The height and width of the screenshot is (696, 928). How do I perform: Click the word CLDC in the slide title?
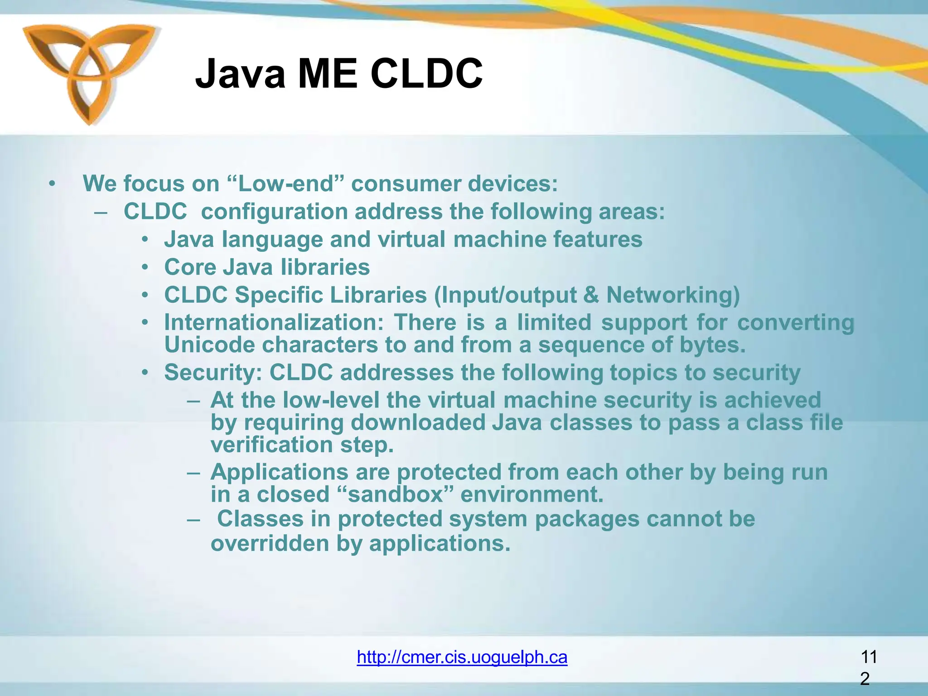point(426,74)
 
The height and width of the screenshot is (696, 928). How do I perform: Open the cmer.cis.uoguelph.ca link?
point(462,657)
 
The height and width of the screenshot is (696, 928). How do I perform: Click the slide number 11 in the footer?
point(868,657)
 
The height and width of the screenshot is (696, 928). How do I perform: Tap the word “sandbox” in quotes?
point(395,494)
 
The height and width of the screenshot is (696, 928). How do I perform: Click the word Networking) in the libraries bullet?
point(673,295)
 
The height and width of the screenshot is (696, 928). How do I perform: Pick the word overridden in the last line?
point(270,543)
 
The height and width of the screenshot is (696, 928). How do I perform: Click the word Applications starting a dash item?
point(279,472)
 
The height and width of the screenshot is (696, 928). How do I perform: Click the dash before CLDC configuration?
point(101,212)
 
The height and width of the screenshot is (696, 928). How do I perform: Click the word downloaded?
point(417,423)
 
